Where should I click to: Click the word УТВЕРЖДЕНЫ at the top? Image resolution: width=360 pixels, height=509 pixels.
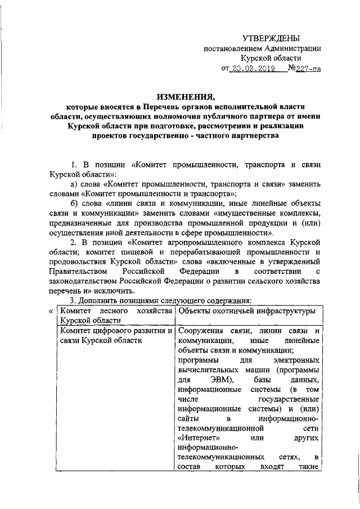click(x=271, y=38)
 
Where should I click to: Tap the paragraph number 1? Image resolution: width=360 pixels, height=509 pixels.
click(x=73, y=165)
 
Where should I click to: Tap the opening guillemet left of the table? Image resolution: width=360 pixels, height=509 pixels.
click(x=51, y=311)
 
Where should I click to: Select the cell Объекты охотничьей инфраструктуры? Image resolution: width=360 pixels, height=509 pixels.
click(x=246, y=310)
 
